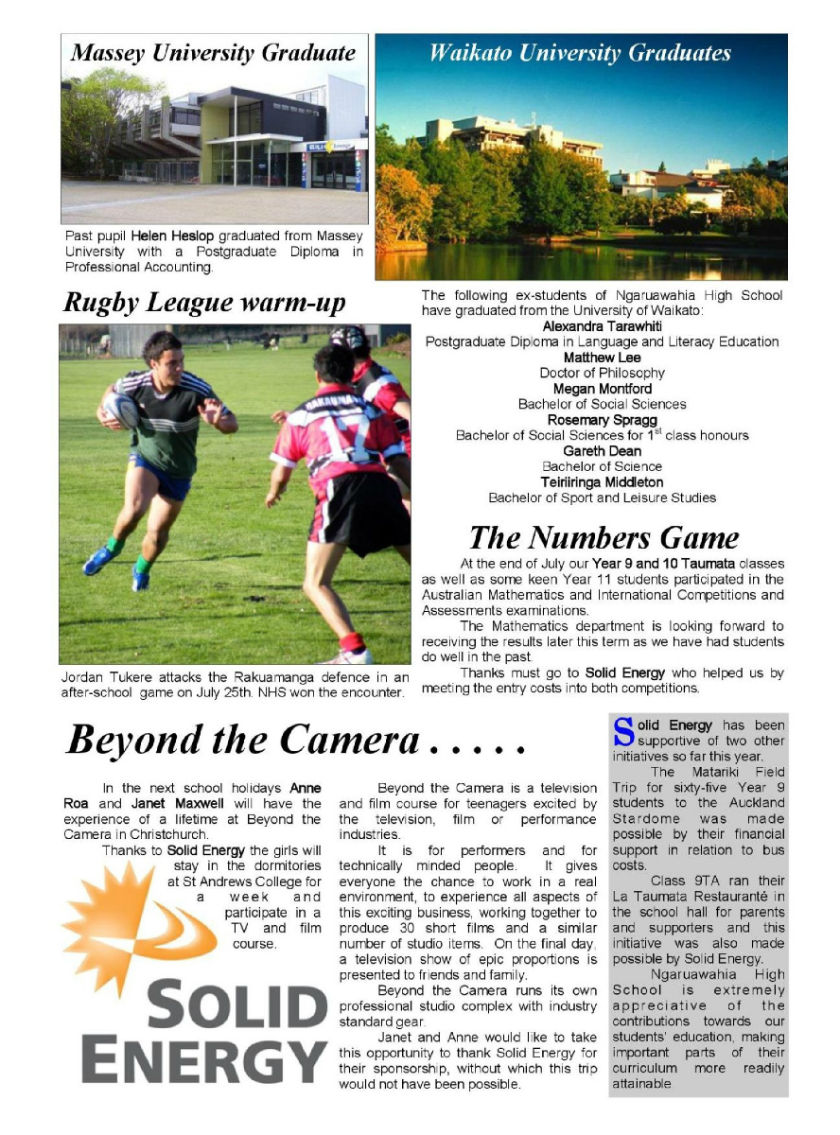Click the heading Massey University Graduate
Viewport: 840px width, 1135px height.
(x=213, y=53)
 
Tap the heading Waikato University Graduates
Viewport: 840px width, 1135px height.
(x=580, y=53)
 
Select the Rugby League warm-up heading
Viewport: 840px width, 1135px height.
(x=204, y=304)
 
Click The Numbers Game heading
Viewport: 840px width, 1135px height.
(x=604, y=537)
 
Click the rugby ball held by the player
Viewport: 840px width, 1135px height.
(x=121, y=409)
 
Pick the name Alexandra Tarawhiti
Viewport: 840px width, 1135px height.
(x=603, y=326)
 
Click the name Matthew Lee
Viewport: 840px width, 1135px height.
(x=603, y=358)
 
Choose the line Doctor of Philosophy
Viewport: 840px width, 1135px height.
(x=603, y=373)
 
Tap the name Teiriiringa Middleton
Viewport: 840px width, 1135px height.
(x=603, y=482)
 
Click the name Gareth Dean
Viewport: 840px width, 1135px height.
(x=603, y=451)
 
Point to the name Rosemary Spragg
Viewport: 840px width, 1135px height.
(x=603, y=420)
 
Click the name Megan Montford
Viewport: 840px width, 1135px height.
(x=603, y=389)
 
